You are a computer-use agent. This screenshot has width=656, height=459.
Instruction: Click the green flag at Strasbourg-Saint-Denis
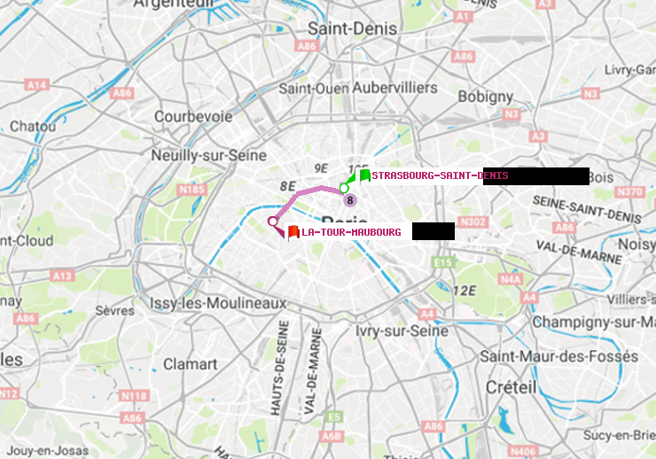tap(364, 175)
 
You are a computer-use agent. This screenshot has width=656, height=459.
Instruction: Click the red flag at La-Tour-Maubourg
tap(293, 231)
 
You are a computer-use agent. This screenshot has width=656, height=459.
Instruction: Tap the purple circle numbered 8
tap(350, 200)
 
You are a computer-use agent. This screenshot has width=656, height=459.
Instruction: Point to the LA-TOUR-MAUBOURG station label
tap(351, 232)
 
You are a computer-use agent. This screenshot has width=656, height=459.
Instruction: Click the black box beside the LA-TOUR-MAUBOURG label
tap(433, 231)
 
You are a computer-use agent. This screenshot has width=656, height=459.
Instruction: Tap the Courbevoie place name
tap(193, 116)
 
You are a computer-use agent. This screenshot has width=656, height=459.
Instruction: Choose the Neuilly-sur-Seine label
tap(203, 155)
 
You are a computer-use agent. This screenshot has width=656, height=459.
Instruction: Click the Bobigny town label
tap(486, 95)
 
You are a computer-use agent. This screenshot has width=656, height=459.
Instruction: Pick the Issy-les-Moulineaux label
tap(218, 303)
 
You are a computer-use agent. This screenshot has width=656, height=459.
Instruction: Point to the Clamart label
tap(190, 364)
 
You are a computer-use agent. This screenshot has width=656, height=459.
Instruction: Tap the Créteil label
tap(511, 387)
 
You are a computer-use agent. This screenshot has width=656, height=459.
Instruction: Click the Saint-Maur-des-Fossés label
tap(558, 356)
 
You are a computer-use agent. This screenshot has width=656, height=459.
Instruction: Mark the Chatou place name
tap(33, 127)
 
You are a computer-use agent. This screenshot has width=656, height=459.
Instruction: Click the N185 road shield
tap(191, 189)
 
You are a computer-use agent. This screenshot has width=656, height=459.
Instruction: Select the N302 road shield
tap(473, 222)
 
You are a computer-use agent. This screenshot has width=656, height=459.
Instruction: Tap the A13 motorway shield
tap(61, 276)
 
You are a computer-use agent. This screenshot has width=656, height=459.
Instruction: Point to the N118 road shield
tap(134, 395)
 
